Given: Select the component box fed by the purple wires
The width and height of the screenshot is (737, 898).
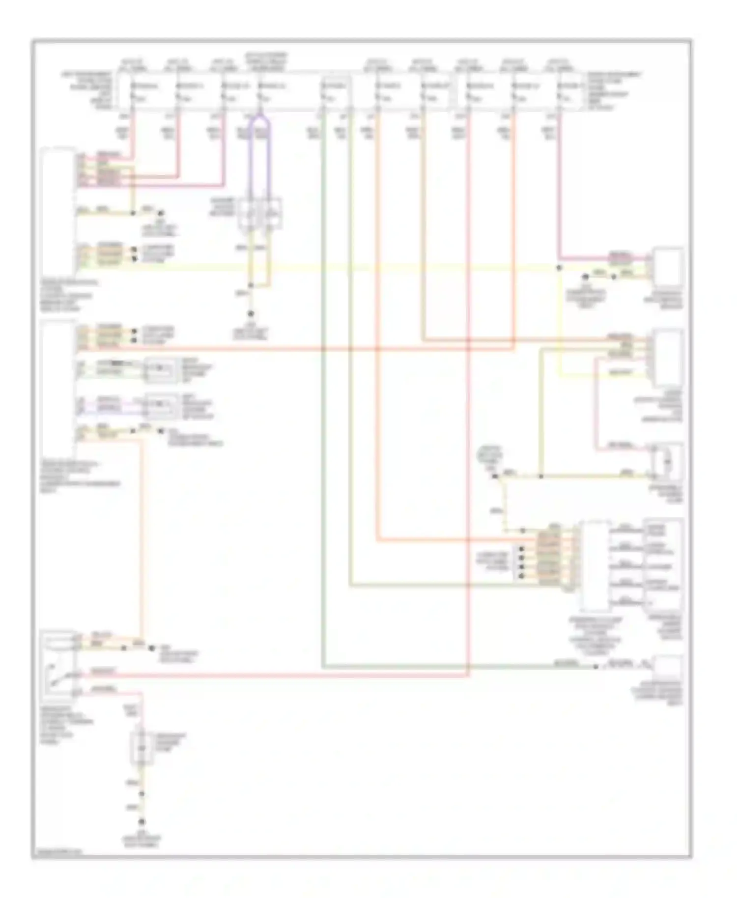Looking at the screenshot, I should click(259, 214).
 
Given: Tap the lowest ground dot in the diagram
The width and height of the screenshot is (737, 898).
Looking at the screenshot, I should click(142, 822).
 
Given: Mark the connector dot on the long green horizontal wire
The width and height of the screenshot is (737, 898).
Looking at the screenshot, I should click(595, 667).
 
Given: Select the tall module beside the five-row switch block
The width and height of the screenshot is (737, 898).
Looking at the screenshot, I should click(595, 565).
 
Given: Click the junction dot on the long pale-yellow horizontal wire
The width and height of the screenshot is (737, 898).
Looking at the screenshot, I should click(559, 268).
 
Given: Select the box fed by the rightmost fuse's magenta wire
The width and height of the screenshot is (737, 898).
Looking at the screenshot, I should click(667, 268).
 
